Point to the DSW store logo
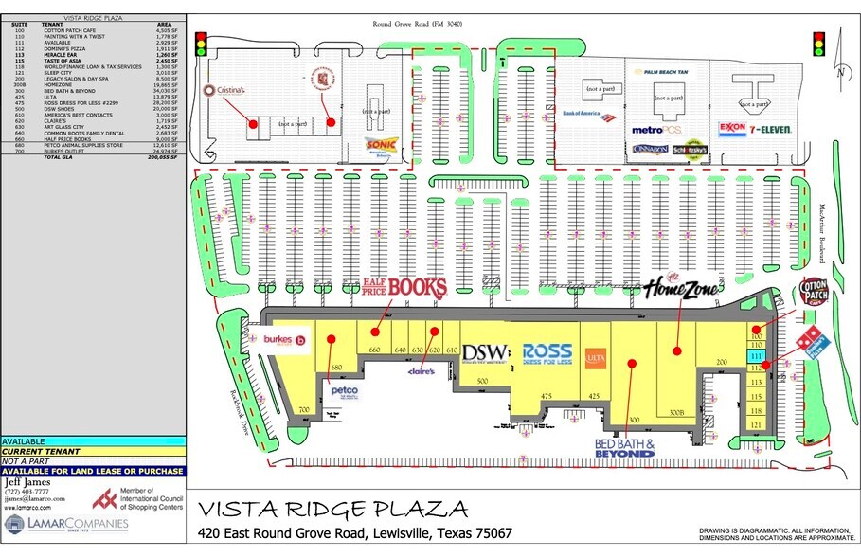coord(485,351)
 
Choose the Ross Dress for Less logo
coord(547,352)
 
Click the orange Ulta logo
coord(595,358)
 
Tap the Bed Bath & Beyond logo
coord(625,447)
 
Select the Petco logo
coord(344,391)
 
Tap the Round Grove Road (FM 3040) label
coord(417,23)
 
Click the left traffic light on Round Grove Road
coord(201,45)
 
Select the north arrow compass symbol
coord(839,71)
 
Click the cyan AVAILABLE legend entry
coord(93,441)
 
